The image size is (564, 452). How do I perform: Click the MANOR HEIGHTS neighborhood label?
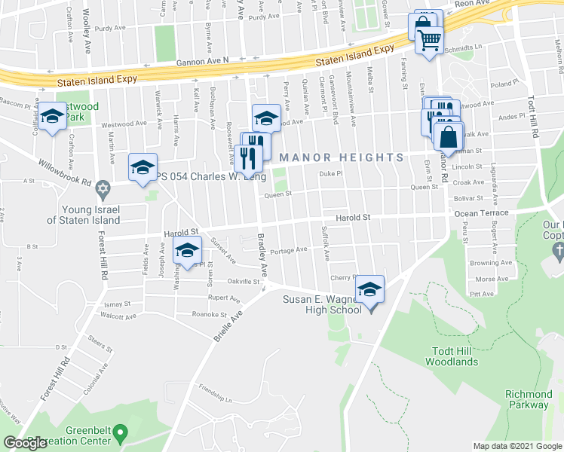click(x=342, y=157)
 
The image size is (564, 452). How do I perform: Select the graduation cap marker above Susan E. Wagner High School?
click(x=369, y=289)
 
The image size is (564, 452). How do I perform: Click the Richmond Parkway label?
click(x=529, y=399)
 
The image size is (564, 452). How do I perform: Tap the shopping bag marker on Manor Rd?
click(x=449, y=138)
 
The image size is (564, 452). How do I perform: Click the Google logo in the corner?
click(x=26, y=443)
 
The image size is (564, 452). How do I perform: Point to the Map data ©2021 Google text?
click(x=516, y=446)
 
